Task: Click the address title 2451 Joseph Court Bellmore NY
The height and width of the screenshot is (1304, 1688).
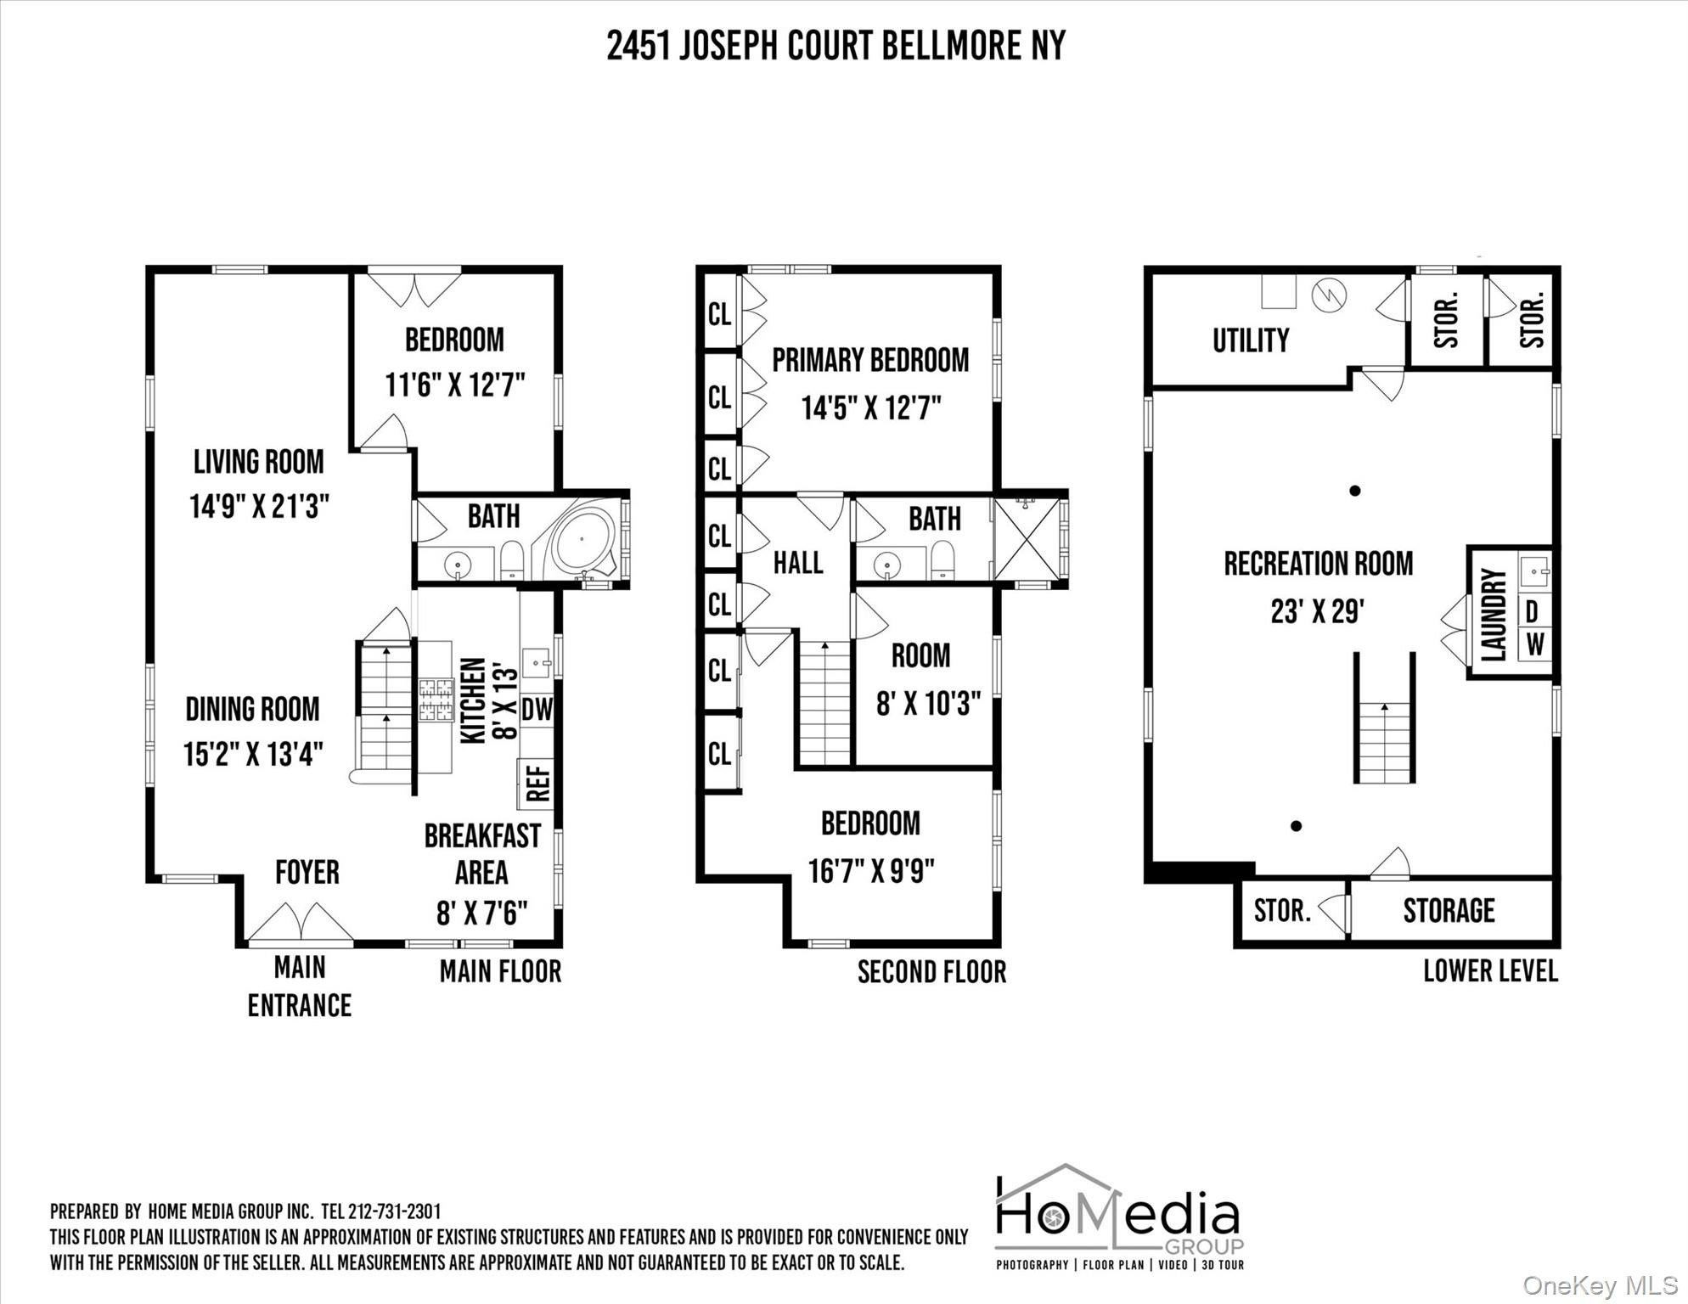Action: pos(836,46)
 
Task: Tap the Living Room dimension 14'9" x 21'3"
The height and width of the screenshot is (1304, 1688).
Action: pos(259,507)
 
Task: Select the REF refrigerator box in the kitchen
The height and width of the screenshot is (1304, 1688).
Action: pos(537,784)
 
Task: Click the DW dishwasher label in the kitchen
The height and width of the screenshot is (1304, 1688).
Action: pos(537,709)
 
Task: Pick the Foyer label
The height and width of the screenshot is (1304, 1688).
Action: pos(307,872)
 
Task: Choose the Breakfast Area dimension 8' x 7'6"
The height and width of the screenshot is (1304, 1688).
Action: pos(481,913)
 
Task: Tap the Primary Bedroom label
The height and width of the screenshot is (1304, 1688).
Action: pos(870,360)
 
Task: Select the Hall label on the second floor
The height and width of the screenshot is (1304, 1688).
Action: pos(798,562)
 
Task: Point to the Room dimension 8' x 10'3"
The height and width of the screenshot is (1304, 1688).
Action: pos(928,703)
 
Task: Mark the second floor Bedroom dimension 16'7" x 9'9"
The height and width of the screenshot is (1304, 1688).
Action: pos(871,871)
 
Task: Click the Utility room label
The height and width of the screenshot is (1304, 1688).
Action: pos(1251,340)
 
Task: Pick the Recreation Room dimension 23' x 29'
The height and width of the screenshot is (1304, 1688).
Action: pos(1317,610)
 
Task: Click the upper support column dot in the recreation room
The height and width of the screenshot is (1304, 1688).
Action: pos(1355,490)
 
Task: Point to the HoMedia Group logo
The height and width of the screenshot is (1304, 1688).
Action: pos(1120,1217)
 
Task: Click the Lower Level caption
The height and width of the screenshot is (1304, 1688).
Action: pos(1490,971)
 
